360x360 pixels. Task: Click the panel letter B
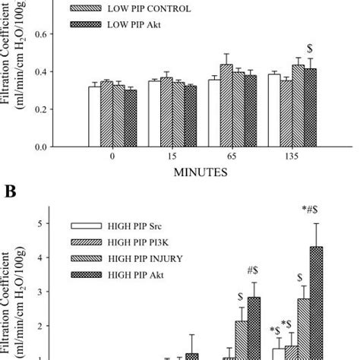tap(11, 193)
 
